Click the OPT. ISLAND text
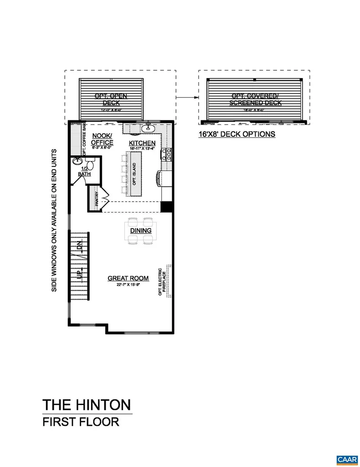(134, 174)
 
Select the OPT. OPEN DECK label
(111, 99)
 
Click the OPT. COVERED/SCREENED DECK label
(256, 99)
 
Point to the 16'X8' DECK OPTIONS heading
(237, 134)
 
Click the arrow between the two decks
(187, 97)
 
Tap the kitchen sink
(148, 129)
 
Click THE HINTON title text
(87, 405)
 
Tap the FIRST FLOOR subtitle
(81, 421)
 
